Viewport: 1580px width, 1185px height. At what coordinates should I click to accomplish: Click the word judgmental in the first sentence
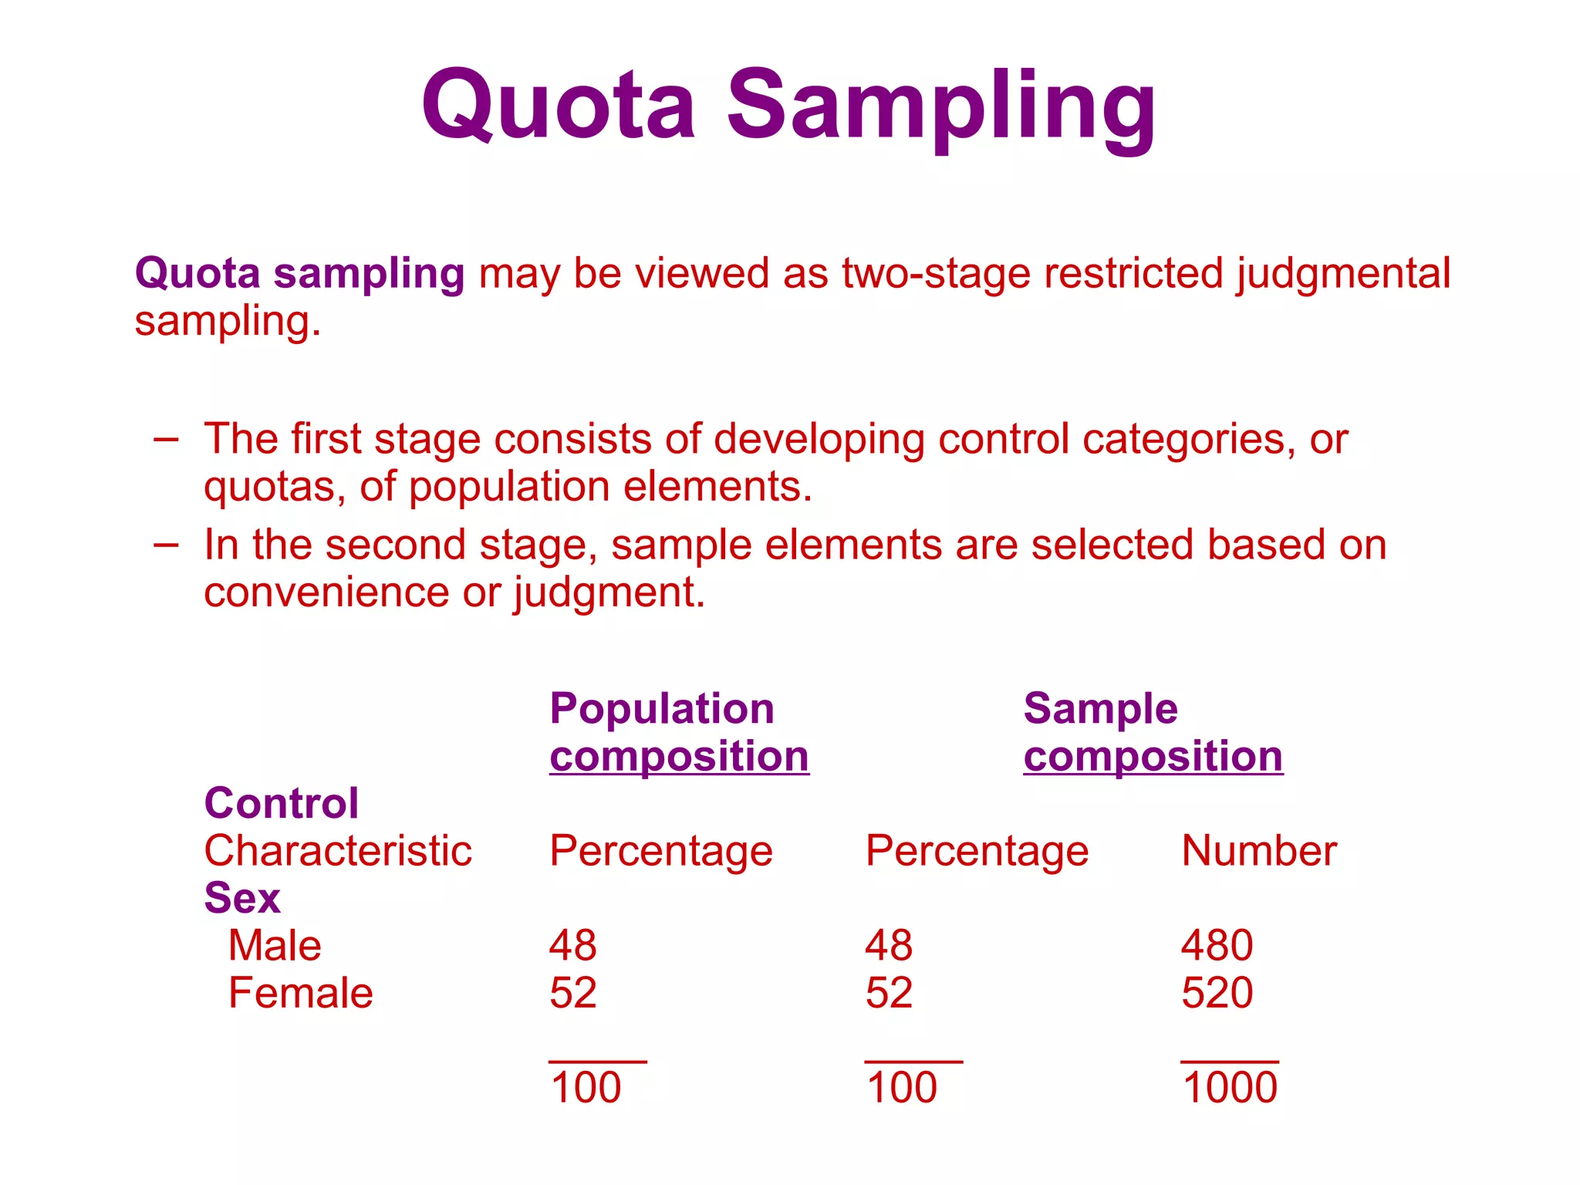(x=1343, y=275)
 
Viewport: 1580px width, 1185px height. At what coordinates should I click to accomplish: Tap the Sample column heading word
(x=1100, y=710)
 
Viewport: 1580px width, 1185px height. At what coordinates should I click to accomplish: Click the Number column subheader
(x=1259, y=851)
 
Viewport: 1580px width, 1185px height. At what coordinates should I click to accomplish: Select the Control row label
(x=282, y=803)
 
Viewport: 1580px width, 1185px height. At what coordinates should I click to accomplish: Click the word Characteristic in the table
(x=338, y=851)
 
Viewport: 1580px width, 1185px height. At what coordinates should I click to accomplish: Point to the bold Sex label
(x=242, y=898)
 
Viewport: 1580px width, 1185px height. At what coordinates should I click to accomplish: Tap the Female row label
(x=301, y=993)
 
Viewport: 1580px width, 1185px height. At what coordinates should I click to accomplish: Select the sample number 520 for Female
(x=1217, y=993)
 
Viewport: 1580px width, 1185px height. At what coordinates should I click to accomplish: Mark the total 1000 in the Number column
(x=1230, y=1088)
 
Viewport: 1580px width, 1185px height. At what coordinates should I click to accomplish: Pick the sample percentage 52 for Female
(x=889, y=993)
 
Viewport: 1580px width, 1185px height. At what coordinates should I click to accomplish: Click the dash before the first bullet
(x=166, y=441)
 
